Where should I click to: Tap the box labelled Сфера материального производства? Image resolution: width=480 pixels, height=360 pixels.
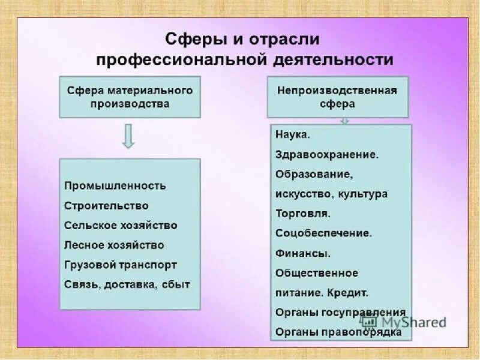point(130,97)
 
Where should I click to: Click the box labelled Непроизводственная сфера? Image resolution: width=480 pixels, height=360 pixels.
point(337,97)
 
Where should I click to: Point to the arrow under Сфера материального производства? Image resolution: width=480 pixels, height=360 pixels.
point(128,136)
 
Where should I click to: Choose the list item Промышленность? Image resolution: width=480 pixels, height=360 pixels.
point(115,186)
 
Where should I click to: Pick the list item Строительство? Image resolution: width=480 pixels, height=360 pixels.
point(106,206)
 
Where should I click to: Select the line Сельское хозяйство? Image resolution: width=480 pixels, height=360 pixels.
point(121,226)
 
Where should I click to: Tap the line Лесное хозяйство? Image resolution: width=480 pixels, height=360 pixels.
point(114,245)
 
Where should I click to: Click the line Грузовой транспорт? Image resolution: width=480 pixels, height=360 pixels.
point(121,265)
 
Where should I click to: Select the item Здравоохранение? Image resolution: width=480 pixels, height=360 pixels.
point(327,155)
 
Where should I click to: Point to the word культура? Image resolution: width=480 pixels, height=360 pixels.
point(362,194)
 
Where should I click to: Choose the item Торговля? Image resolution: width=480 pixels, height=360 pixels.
point(303,214)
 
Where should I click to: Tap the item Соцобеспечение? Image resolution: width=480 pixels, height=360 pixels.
point(324,233)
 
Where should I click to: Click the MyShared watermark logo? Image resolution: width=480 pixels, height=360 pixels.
point(413,322)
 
